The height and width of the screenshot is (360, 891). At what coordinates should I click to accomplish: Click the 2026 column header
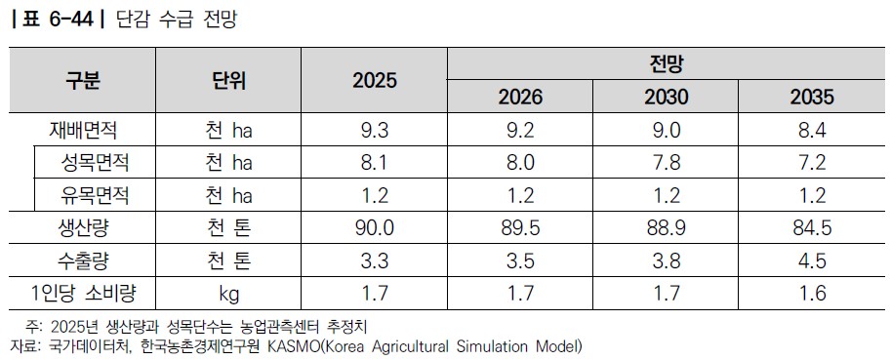click(x=520, y=98)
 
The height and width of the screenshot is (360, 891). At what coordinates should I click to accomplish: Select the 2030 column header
click(x=666, y=98)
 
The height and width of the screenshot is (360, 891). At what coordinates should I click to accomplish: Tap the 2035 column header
click(x=812, y=98)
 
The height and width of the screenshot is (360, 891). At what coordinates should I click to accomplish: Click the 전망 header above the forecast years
click(x=666, y=64)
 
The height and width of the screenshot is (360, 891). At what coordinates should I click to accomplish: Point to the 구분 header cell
click(x=83, y=80)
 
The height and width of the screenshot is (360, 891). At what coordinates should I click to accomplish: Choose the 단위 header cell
click(x=227, y=80)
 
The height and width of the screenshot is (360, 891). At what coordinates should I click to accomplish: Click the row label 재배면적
click(x=83, y=131)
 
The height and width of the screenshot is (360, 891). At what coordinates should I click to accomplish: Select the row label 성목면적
click(x=95, y=163)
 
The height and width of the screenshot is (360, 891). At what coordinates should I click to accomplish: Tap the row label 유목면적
click(x=95, y=195)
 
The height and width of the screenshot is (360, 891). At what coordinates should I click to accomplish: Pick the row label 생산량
click(x=83, y=228)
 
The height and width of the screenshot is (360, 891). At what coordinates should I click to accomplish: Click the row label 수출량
click(x=83, y=261)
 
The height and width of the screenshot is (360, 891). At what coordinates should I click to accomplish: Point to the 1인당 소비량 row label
click(x=83, y=294)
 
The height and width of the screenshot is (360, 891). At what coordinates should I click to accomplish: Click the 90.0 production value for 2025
click(x=375, y=228)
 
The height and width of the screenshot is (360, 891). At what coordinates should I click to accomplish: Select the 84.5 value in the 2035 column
click(x=812, y=228)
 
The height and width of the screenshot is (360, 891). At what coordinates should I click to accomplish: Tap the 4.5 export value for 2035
click(x=812, y=261)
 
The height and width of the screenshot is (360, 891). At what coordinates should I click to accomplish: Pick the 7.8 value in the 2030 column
click(x=666, y=163)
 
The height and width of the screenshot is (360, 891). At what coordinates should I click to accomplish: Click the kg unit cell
click(x=228, y=294)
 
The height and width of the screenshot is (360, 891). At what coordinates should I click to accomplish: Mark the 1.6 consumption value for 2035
click(x=812, y=294)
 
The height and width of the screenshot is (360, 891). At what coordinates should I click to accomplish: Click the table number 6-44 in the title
click(x=68, y=20)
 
